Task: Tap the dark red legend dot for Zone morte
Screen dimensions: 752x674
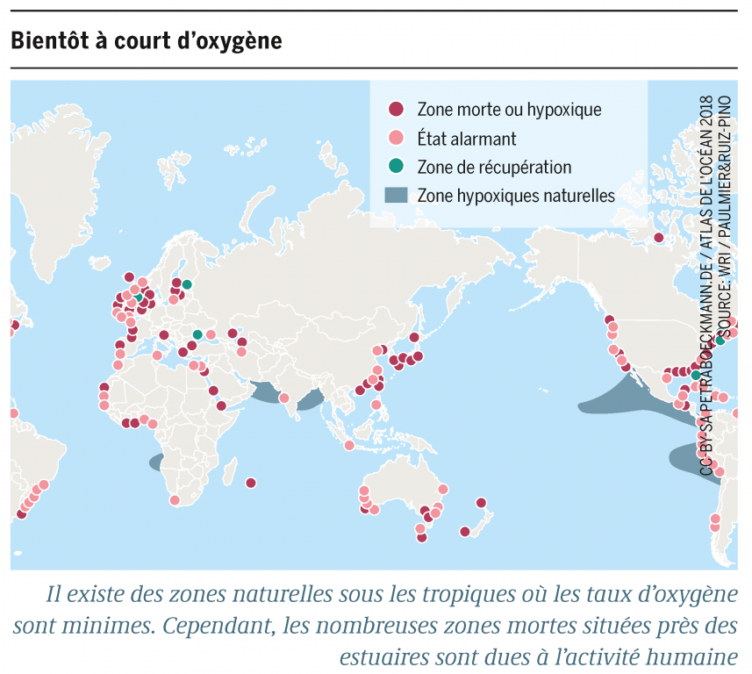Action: point(397,110)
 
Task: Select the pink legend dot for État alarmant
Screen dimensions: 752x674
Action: point(397,138)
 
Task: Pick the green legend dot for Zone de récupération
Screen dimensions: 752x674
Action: point(397,167)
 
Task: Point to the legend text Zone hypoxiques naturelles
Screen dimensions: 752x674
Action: point(516,196)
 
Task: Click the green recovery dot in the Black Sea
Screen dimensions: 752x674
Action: point(197,334)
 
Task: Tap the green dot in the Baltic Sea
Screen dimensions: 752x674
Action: point(187,284)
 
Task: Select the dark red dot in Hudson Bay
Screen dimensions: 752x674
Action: point(658,237)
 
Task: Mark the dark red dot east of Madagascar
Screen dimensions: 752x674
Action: point(251,483)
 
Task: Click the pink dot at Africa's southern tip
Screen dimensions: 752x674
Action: point(175,500)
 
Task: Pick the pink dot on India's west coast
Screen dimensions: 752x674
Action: point(284,398)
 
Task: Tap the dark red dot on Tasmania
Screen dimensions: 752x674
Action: point(421,537)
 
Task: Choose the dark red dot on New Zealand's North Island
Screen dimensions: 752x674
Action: point(481,503)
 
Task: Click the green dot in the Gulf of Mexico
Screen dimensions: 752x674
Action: point(695,375)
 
